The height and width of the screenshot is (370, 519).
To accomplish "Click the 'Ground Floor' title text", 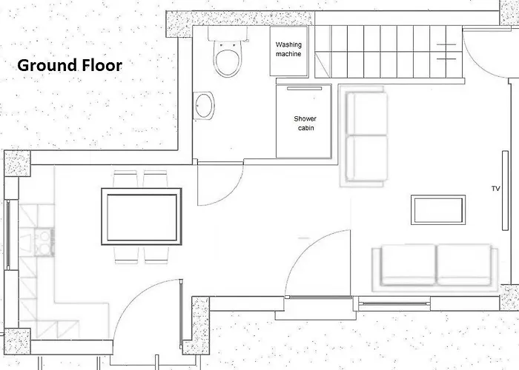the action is pos(70,65).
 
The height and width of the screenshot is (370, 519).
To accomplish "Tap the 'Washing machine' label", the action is pos(288,50).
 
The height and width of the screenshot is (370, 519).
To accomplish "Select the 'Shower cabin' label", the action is pos(305,123).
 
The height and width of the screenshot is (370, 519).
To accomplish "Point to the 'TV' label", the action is pos(495,189).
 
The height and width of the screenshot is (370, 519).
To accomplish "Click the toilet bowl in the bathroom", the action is pos(228,59).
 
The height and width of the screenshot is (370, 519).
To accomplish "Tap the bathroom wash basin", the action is pos(204,106).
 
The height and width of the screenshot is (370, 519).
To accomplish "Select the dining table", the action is pos(142,217).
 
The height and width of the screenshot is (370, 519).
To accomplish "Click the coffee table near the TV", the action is pos(438,210).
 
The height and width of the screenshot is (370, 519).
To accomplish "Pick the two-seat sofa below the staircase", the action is pos(366,136).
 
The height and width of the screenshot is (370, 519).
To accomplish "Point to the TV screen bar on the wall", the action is pos(505,191).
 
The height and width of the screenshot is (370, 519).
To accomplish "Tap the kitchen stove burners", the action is pos(44,243).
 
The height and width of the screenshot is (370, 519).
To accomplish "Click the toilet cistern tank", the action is pos(228,34).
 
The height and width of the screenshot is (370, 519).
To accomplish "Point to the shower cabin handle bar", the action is pos(304,89).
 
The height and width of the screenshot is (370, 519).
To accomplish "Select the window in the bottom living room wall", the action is pos(394,303).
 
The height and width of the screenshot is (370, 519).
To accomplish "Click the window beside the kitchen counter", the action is pos(7,235).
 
